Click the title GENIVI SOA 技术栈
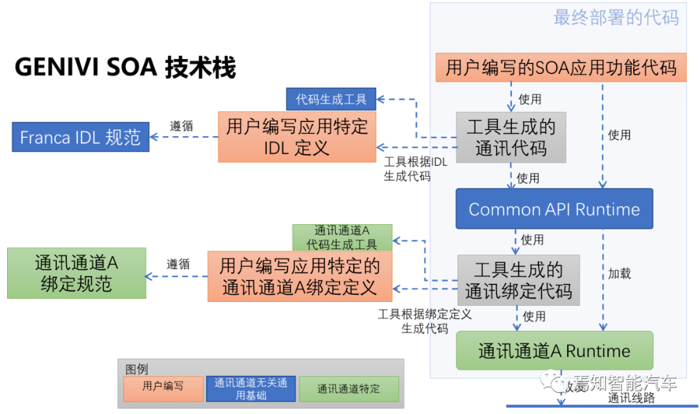pos(125,67)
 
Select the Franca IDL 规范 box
pos(80,137)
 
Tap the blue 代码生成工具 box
pos(331,99)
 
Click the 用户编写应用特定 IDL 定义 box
pos(297,137)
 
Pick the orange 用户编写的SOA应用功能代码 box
pos(561,68)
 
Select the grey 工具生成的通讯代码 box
pos(511,137)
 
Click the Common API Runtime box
pos(554,209)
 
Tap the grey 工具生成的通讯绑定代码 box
pos(519,280)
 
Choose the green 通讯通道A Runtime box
pos(554,351)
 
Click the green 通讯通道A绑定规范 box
pos(76,273)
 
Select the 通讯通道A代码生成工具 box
pos(342,237)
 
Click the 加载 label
pos(619,273)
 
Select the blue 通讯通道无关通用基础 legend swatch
pos(251,388)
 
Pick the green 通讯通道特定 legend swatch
pos(349,389)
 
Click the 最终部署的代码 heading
pos(616,17)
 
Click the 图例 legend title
pos(137,369)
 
